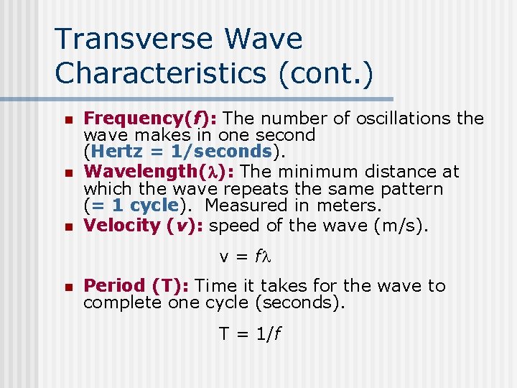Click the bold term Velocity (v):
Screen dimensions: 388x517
143,226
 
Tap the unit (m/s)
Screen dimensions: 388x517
401,226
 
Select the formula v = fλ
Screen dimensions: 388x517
248,255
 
